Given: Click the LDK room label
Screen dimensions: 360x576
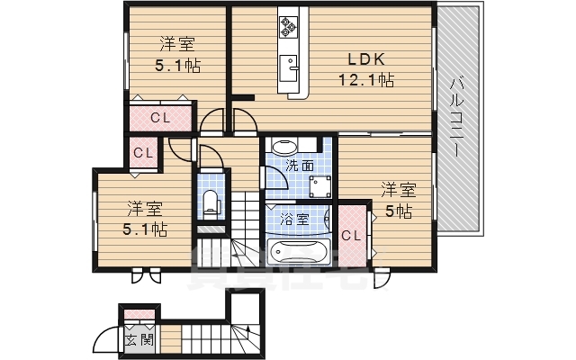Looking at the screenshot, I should tap(366, 60).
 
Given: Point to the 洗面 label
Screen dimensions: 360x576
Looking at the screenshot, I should tap(300, 166).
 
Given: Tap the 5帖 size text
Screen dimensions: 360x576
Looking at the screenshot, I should tap(399, 211).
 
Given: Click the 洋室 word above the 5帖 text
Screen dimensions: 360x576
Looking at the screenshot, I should tap(398, 190).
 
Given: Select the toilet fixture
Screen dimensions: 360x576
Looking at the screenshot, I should tap(211, 202).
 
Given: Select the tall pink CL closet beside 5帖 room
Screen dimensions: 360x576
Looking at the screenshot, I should tap(352, 236).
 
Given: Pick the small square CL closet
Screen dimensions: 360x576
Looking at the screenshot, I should tap(143, 153).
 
